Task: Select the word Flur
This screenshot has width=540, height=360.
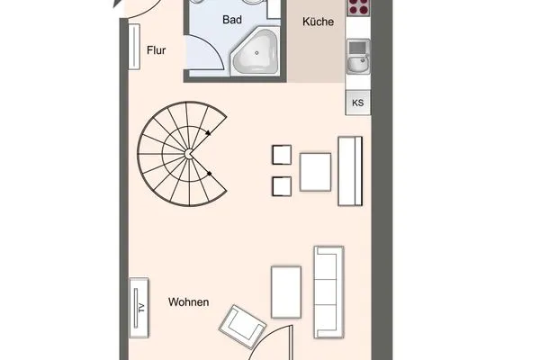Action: click(157, 51)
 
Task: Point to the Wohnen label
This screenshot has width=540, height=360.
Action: click(188, 302)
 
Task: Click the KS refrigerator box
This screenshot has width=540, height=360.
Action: click(357, 103)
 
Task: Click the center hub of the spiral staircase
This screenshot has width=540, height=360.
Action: click(188, 155)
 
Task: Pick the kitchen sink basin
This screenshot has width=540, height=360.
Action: click(357, 64)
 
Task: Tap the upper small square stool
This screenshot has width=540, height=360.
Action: click(282, 156)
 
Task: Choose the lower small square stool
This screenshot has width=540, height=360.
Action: click(282, 186)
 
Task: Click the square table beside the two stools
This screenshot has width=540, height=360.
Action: click(316, 172)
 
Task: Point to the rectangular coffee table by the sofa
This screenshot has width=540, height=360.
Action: click(285, 292)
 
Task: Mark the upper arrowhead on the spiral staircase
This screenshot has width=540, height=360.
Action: click(210, 135)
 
